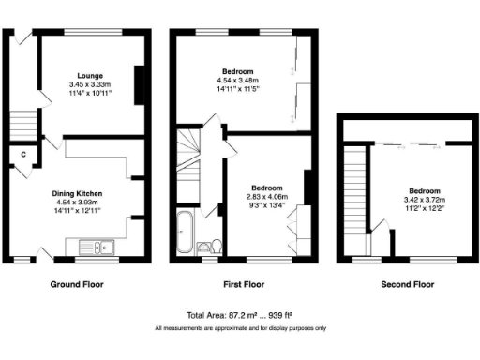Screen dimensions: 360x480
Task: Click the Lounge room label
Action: (x=89, y=75)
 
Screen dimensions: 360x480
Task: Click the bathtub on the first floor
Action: (x=184, y=232)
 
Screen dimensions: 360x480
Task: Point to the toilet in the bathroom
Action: (x=215, y=247)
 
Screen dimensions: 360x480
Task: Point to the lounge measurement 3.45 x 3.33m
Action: (x=89, y=84)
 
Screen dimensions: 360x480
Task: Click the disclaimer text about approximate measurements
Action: (x=240, y=328)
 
